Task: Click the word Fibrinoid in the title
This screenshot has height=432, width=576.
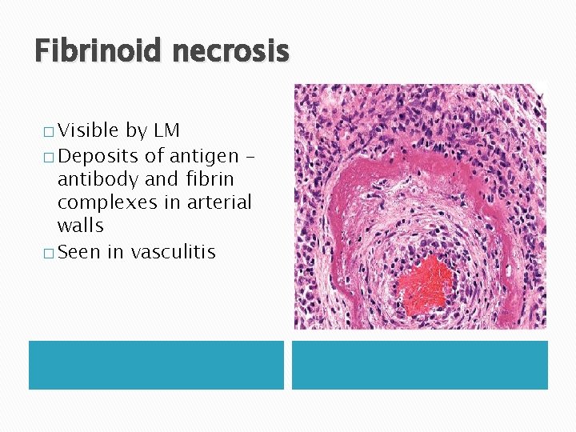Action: pyautogui.click(x=98, y=52)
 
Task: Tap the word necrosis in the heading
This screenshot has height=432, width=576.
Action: pyautogui.click(x=230, y=52)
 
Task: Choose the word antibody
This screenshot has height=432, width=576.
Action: pyautogui.click(x=98, y=178)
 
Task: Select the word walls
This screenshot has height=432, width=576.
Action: pyautogui.click(x=80, y=226)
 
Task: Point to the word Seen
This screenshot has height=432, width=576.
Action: pyautogui.click(x=78, y=252)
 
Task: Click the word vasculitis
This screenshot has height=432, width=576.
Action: pyautogui.click(x=173, y=252)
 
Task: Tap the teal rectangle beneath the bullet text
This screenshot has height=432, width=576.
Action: pyautogui.click(x=156, y=365)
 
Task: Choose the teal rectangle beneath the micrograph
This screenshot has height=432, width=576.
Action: pyautogui.click(x=419, y=365)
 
